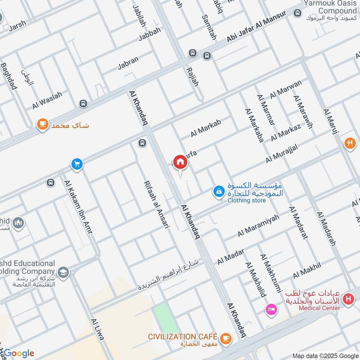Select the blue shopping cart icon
77,164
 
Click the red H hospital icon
348,298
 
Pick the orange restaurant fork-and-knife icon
350,144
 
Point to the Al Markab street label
206,129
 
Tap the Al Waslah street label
47,100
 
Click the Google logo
19,353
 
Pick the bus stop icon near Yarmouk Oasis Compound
297,13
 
